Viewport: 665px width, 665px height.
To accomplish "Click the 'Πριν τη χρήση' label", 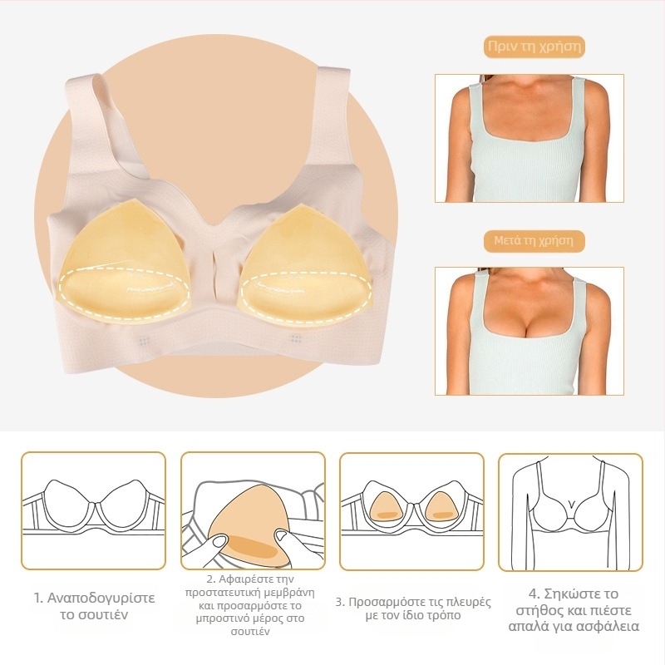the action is click(534, 47).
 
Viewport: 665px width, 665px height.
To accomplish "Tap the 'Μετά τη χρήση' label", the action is click(534, 240).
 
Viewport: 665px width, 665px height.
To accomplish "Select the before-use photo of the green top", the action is click(530, 138).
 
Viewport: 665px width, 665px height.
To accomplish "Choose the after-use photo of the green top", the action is click(530, 331).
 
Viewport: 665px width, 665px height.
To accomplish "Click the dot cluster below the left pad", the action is click(144, 341).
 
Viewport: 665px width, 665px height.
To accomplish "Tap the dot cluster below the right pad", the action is click(296, 338).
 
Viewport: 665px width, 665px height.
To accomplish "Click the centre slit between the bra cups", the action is click(216, 272).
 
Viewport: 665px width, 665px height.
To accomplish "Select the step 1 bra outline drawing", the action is click(93, 510).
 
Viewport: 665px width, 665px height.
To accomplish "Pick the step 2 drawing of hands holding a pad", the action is click(254, 510).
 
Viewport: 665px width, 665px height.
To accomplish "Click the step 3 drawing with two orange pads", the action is click(411, 510).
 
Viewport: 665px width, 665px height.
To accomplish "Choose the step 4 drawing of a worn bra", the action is click(570, 512).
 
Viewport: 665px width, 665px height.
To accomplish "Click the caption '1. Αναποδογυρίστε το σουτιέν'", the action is click(94, 606).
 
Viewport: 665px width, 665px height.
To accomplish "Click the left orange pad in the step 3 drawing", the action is click(385, 507).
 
